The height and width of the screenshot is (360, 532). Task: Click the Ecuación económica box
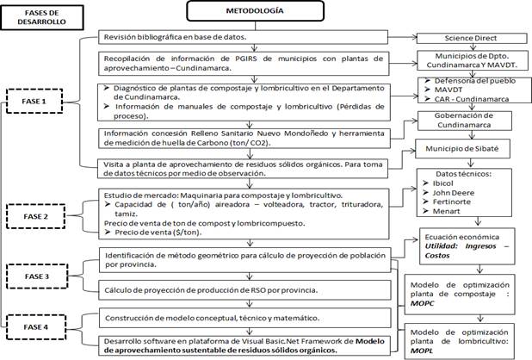coord(466,245)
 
